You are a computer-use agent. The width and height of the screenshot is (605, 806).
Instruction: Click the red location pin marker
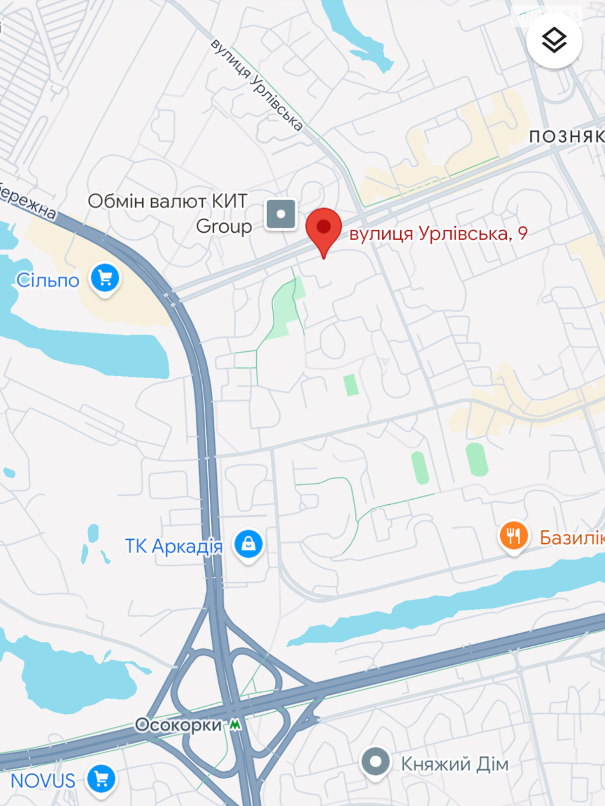324,228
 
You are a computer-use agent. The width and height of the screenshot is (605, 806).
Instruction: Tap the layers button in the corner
554,40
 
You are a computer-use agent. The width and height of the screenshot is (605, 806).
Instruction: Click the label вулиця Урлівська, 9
438,234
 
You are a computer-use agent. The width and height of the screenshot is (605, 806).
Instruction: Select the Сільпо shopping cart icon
105,278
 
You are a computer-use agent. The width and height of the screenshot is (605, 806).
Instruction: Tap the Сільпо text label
48,281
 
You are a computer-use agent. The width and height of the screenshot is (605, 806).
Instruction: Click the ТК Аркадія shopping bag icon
248,544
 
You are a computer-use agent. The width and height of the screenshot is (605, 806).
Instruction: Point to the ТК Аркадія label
174,546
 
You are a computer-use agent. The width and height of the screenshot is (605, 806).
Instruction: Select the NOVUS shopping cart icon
101,779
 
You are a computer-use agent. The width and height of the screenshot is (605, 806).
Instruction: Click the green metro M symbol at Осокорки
235,725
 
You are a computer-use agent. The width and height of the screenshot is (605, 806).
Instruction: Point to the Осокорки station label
178,725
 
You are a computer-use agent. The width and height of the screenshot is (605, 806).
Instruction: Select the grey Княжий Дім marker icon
375,762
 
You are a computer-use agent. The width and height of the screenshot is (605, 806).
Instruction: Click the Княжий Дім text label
455,764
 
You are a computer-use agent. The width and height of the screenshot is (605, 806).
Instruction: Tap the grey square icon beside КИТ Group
281,214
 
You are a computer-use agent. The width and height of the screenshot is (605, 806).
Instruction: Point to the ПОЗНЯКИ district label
566,137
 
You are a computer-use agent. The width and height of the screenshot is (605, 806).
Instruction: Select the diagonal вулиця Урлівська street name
257,85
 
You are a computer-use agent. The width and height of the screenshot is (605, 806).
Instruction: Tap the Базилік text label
572,538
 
